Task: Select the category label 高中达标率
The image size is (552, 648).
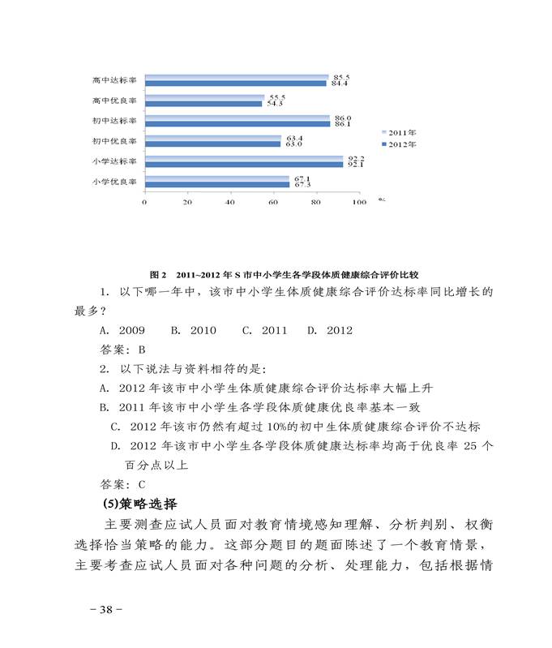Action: coord(114,80)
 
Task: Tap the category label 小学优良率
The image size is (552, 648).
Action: coord(114,182)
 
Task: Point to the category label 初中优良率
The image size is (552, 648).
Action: coord(114,141)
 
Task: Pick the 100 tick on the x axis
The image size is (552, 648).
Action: coord(358,203)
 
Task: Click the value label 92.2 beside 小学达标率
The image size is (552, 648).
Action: coord(356,158)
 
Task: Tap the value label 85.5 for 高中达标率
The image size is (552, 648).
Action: coord(341,76)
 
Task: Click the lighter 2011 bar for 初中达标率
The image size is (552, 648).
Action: coord(237,118)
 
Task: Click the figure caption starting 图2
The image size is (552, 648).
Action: coord(289,275)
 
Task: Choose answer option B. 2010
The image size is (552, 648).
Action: coord(193,331)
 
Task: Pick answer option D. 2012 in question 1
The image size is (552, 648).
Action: coord(330,331)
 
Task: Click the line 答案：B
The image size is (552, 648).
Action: coord(122,350)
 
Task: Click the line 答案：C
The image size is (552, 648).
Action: coord(122,485)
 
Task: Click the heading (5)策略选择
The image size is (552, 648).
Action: coord(141,504)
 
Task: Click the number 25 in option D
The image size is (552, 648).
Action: coord(471,446)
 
